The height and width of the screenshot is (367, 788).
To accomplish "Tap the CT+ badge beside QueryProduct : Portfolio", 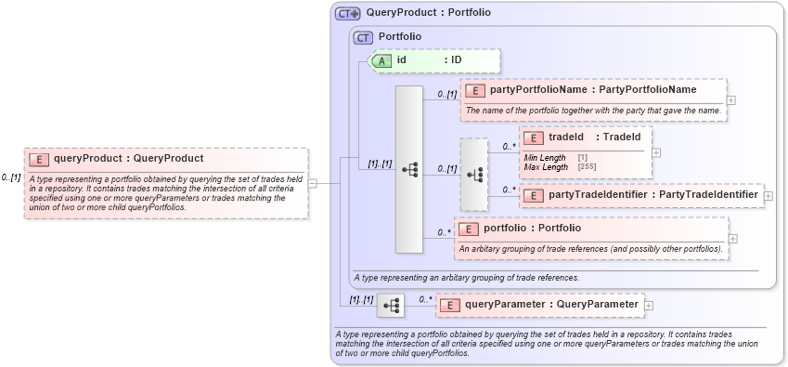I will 348,14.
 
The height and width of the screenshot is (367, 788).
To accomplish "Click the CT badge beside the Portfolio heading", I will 363,37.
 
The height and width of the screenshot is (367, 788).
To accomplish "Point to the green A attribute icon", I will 381,60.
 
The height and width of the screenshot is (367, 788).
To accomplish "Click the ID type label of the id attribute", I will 457,60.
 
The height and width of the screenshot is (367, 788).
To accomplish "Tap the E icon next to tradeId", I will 534,138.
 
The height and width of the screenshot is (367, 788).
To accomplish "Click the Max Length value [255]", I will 588,166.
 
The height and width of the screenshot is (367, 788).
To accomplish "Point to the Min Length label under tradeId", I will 545,158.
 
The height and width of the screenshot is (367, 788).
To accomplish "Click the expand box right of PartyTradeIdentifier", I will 769,196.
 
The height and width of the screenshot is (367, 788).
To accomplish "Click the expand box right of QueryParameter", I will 649,305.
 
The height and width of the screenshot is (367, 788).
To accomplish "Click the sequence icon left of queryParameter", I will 391,305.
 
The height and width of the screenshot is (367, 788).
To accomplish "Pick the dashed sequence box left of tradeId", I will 473,175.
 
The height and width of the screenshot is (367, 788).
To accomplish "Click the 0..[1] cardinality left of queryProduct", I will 11,177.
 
